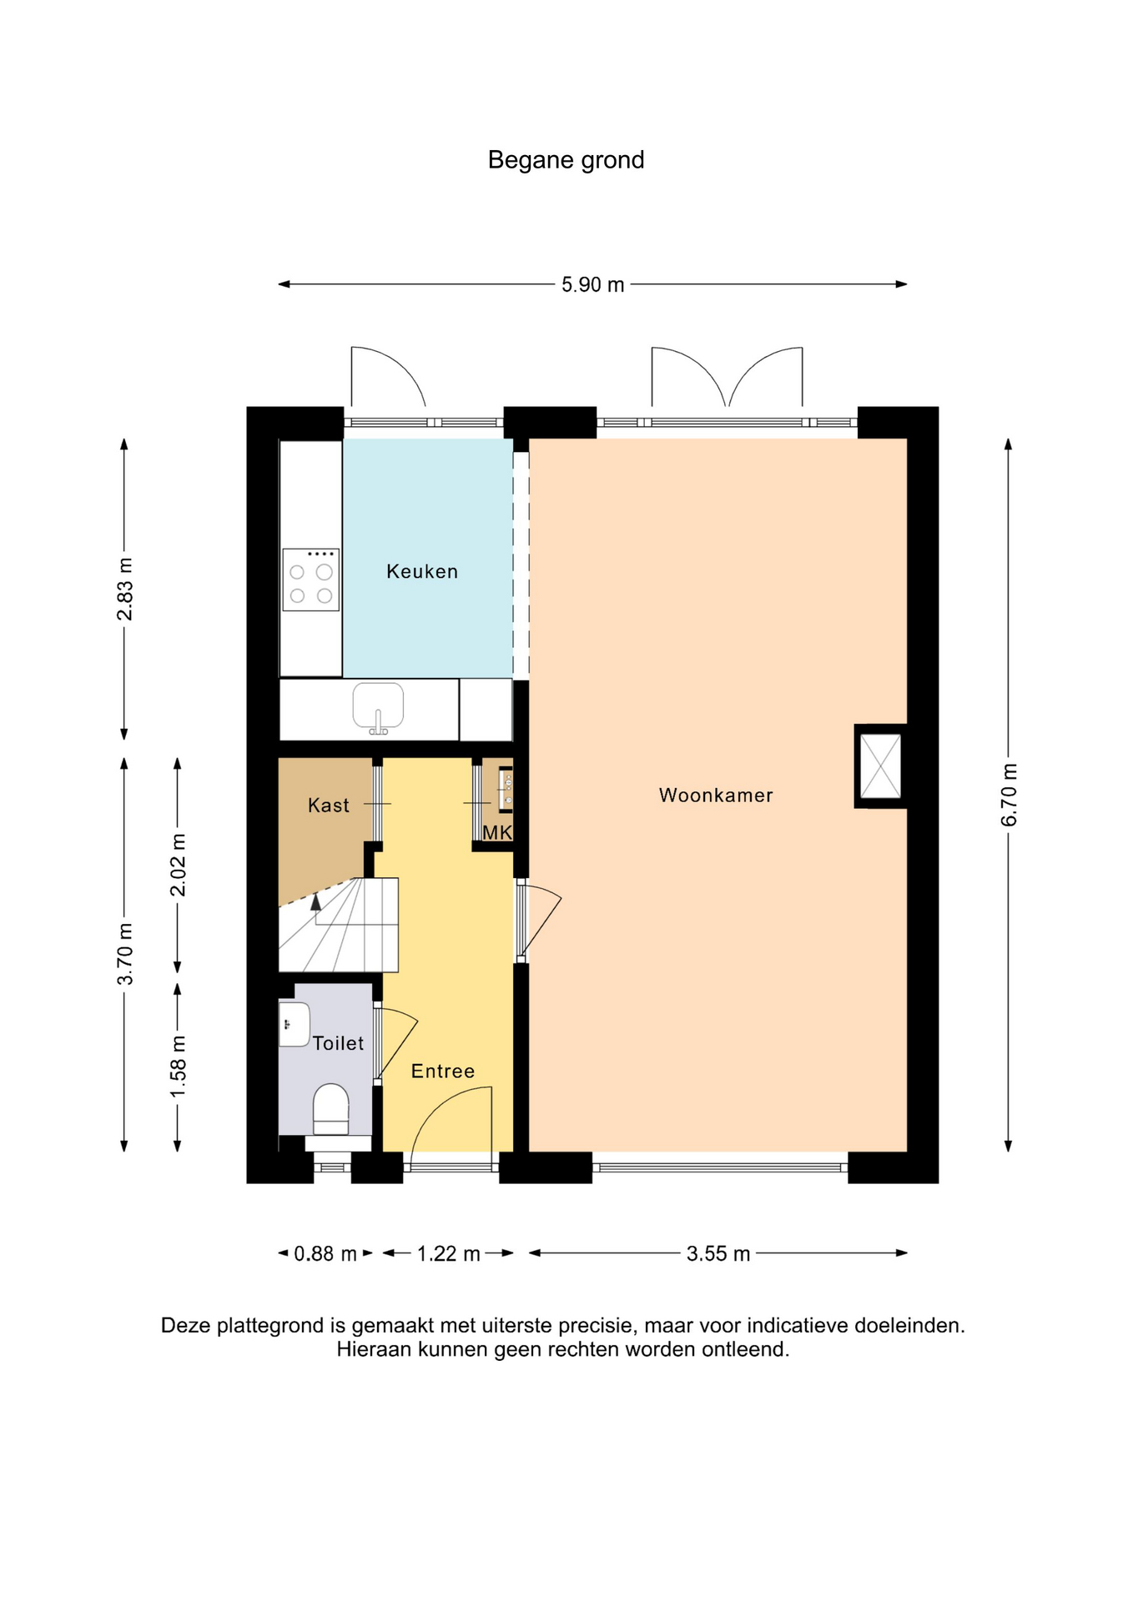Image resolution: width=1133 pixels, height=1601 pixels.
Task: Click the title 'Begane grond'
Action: tap(566, 160)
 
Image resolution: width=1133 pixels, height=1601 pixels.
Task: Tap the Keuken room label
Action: tap(422, 572)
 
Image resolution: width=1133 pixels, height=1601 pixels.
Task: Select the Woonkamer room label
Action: tap(716, 795)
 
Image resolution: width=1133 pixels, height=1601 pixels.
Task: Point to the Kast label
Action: tap(329, 806)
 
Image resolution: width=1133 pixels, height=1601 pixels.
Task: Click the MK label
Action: tap(497, 832)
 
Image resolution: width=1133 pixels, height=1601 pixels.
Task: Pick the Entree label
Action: tap(443, 1072)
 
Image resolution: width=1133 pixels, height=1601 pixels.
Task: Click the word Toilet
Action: tap(339, 1043)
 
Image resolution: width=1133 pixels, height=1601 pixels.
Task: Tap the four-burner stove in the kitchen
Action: tap(310, 580)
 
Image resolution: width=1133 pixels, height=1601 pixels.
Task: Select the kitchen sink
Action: tap(378, 708)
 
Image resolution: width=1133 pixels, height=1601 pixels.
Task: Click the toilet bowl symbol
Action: tap(331, 1110)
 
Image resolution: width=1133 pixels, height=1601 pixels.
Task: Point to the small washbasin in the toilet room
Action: tap(294, 1024)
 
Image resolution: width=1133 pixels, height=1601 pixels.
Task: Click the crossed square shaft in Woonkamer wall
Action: tap(881, 766)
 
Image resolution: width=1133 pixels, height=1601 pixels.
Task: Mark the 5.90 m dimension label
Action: tap(592, 285)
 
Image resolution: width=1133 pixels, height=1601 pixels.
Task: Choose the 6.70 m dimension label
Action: tap(1010, 795)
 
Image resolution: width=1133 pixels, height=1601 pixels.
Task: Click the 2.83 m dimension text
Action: tap(125, 590)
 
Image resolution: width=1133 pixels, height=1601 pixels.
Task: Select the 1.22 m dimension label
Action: tap(449, 1253)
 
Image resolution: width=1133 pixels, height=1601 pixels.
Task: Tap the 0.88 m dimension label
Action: tap(325, 1253)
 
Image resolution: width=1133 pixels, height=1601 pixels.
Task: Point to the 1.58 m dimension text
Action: tap(179, 1067)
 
